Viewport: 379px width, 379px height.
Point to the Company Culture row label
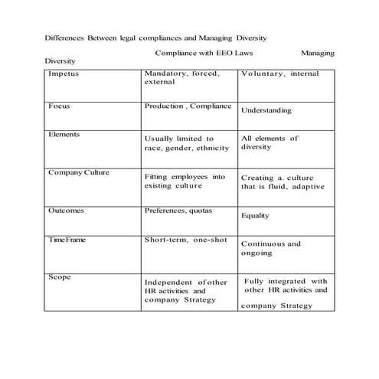point(79,172)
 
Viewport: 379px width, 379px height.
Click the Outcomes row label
point(66,210)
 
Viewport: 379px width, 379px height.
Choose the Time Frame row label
point(67,240)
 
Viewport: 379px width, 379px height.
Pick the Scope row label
point(59,276)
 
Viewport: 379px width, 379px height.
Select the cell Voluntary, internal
point(279,75)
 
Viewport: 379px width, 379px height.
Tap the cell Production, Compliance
point(188,106)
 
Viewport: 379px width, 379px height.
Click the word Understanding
point(266,110)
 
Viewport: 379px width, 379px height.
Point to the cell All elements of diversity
point(269,142)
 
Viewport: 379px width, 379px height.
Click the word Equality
point(255,215)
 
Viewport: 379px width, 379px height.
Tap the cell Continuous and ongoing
point(270,248)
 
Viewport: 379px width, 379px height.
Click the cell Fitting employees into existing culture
point(185,181)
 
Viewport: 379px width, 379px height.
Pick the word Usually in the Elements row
point(159,138)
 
